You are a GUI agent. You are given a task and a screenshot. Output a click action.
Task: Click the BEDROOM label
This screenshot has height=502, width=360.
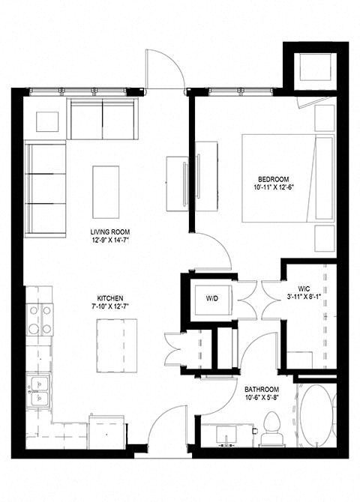(273, 179)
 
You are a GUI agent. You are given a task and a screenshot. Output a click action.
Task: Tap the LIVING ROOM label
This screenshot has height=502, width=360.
(110, 232)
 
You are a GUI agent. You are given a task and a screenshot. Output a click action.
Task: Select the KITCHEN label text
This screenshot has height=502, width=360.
(110, 298)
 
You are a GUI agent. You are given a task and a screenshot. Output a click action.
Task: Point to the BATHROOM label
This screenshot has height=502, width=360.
(262, 390)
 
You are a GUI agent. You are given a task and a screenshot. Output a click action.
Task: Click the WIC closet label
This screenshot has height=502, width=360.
(304, 288)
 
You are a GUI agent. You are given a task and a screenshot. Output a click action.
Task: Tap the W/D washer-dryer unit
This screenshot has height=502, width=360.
(212, 298)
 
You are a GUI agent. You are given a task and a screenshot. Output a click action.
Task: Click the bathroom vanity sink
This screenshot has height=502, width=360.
(226, 436)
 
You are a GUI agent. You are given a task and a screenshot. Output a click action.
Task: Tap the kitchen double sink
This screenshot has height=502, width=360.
(39, 391)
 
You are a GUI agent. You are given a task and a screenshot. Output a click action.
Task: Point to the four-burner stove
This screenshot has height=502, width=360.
(40, 319)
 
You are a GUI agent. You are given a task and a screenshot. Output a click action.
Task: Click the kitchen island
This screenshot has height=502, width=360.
(117, 345)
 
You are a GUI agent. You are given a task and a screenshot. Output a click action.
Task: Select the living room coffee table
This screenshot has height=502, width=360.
(106, 192)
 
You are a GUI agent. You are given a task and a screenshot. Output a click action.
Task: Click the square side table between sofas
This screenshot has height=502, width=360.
(47, 121)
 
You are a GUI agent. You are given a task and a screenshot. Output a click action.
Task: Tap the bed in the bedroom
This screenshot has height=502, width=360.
(288, 178)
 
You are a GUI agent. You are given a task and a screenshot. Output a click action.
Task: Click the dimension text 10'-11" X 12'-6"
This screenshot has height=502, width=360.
(273, 187)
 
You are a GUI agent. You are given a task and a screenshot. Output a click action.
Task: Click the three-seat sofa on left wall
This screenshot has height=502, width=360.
(45, 189)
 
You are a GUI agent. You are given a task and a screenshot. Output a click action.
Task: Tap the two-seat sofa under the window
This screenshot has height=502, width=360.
(102, 119)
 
